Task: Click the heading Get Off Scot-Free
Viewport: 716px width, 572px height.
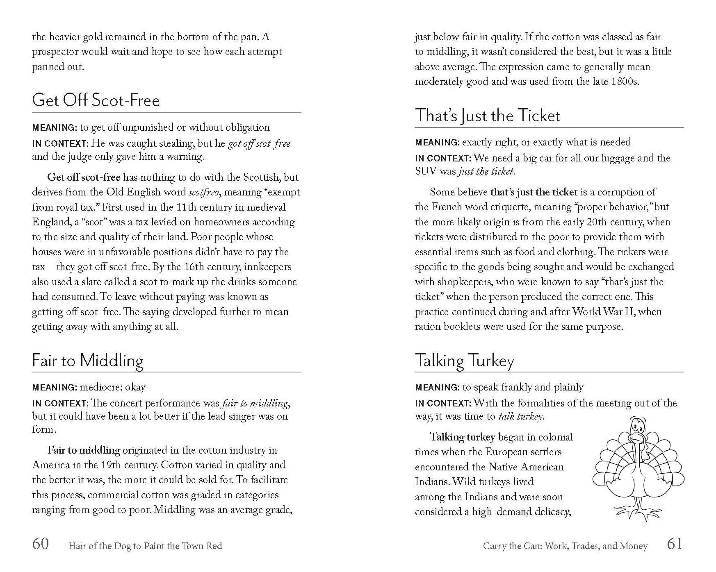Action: [x=96, y=100]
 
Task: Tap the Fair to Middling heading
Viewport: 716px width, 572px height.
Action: [x=88, y=361]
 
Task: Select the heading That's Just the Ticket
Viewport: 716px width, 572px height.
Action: [x=487, y=116]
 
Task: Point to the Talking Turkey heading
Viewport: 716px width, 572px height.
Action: [x=464, y=361]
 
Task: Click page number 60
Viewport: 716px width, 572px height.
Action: [x=41, y=544]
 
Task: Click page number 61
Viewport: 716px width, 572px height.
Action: [x=675, y=544]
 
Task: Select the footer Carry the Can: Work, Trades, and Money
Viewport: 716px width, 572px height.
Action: [x=565, y=546]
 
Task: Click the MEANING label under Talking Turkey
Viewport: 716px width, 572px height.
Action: [x=437, y=388]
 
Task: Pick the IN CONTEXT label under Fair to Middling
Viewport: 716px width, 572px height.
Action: [x=60, y=404]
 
